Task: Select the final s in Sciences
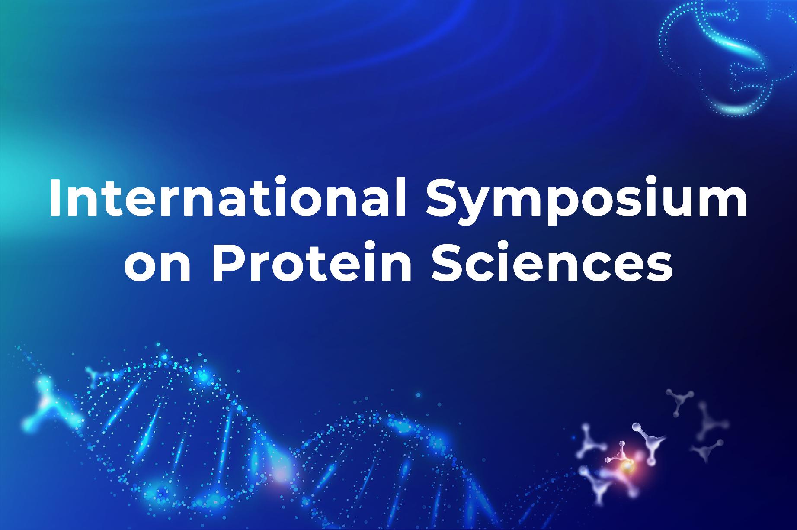coord(659,266)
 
